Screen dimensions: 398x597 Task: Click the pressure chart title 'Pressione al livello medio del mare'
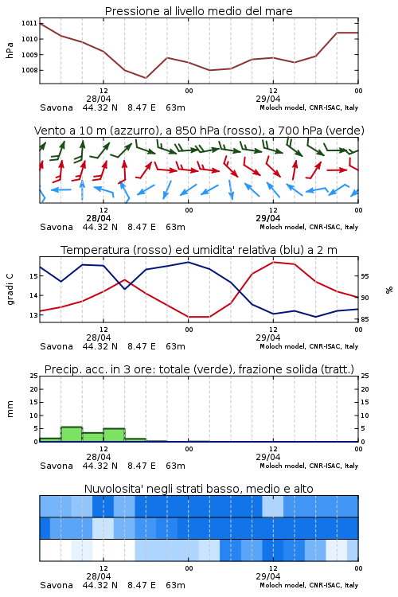[198, 11]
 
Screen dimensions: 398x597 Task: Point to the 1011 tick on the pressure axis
[29, 23]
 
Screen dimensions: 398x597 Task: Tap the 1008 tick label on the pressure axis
[29, 70]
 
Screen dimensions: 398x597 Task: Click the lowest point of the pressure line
[146, 78]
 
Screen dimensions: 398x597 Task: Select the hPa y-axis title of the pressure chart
[10, 50]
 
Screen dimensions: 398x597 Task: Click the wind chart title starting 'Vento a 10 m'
[199, 131]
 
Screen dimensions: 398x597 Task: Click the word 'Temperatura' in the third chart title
[96, 250]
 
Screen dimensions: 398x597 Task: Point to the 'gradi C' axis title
[10, 290]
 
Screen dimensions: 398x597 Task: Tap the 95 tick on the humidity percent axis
[365, 276]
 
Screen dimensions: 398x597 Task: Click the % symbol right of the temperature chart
[389, 290]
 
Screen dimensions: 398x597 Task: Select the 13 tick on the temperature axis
[33, 315]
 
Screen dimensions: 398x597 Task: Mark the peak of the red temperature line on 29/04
[273, 262]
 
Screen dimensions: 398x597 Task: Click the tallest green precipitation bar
[72, 434]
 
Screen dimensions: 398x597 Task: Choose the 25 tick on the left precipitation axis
[33, 376]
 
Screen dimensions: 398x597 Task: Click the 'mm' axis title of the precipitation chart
[10, 408]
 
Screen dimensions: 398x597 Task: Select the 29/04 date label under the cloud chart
[267, 576]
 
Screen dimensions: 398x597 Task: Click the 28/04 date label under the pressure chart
[98, 99]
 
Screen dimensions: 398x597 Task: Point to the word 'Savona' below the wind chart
[57, 227]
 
